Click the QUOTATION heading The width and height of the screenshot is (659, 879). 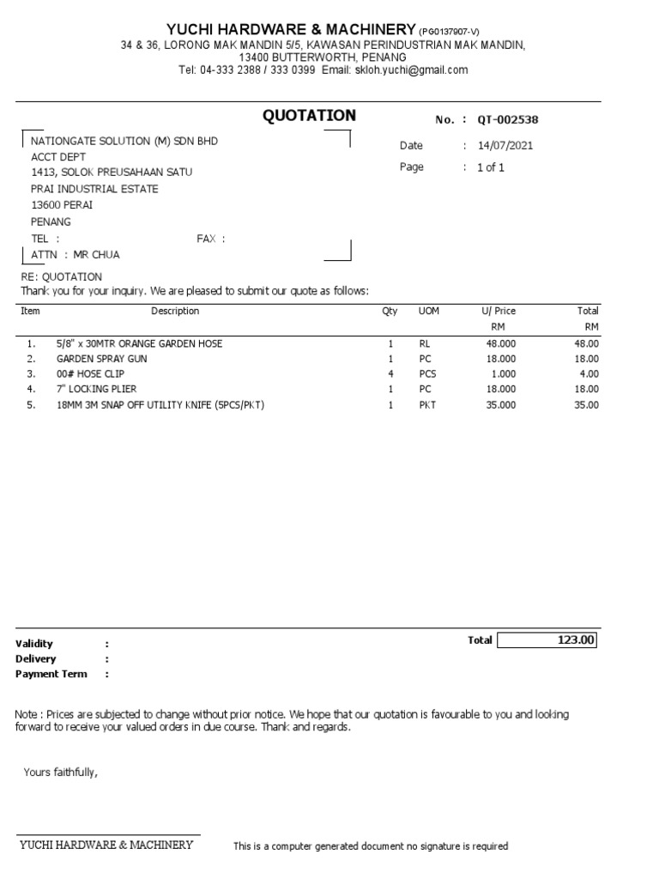(309, 116)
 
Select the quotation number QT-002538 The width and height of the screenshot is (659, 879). (508, 120)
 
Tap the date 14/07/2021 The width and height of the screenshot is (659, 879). (505, 146)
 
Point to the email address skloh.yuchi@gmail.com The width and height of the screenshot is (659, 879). (412, 70)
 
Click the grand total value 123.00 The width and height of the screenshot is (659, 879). (577, 640)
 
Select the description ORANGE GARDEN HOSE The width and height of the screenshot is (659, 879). (139, 343)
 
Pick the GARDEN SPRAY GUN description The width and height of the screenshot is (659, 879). (101, 359)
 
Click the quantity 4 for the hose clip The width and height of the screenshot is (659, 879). (390, 374)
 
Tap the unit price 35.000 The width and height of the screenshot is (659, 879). (501, 405)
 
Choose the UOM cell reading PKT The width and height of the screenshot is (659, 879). (427, 405)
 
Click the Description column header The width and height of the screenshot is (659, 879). (175, 311)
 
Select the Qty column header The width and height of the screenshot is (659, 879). (390, 311)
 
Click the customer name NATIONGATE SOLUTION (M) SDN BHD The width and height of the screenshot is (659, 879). (124, 141)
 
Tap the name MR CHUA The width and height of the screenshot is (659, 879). (97, 255)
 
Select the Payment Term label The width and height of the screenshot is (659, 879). (51, 674)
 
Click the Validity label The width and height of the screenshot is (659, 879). (33, 643)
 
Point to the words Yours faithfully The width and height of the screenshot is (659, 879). (61, 773)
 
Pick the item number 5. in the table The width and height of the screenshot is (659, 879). (31, 405)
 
